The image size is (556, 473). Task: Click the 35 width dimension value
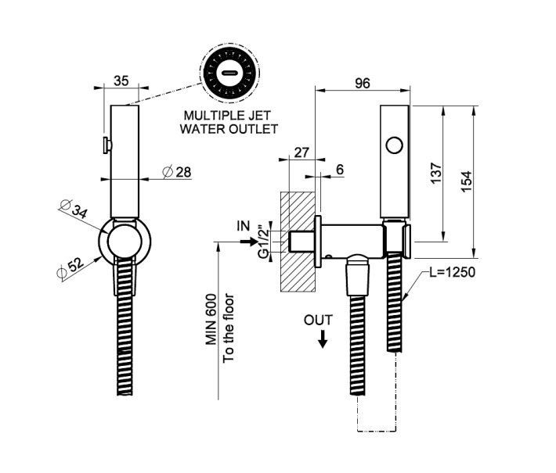pyautogui.click(x=121, y=81)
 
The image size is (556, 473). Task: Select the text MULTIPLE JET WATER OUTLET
pyautogui.click(x=229, y=121)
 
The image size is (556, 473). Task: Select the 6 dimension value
pyautogui.click(x=339, y=169)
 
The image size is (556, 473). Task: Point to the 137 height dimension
pyautogui.click(x=436, y=171)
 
